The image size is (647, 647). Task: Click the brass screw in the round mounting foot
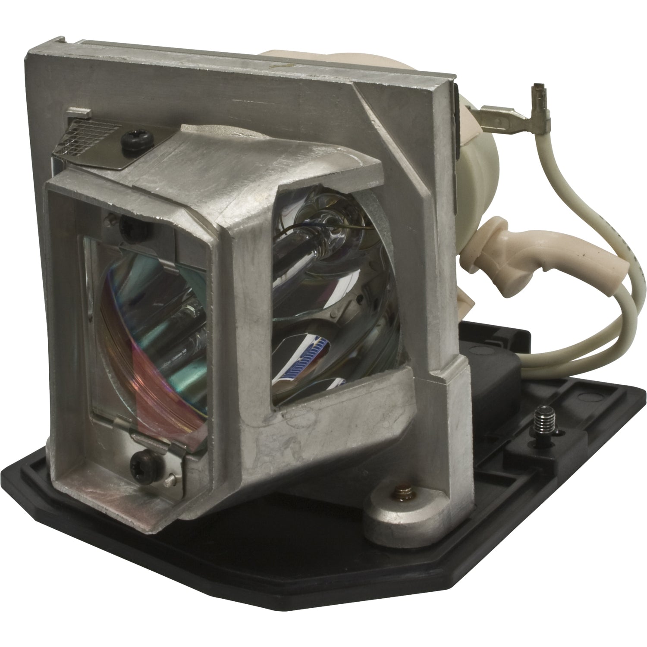coord(390,496)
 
